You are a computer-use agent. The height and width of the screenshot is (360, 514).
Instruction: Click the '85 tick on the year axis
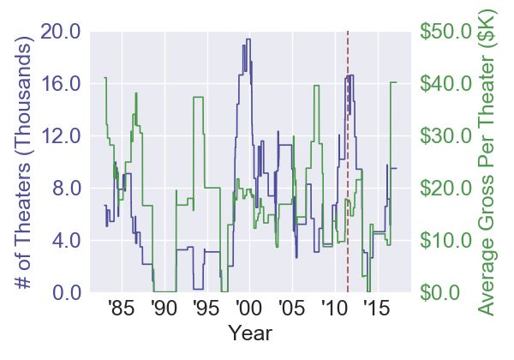[122, 308]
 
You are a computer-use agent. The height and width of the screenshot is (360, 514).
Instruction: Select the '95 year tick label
[206, 308]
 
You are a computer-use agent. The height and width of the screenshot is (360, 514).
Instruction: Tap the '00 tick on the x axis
[248, 308]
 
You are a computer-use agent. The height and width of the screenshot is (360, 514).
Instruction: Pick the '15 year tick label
[374, 308]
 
